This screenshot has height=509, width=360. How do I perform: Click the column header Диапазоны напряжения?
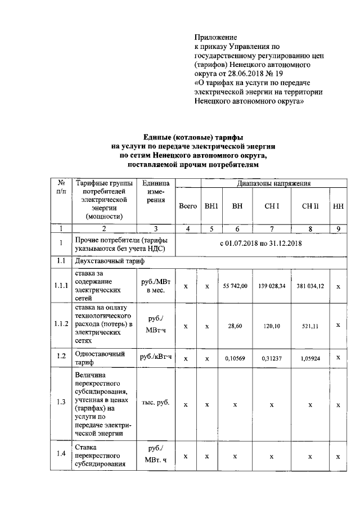[x=273, y=183]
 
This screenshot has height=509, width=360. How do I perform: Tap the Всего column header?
[x=187, y=206]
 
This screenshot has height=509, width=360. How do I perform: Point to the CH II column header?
[x=310, y=206]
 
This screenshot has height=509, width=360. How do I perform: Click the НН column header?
[x=338, y=206]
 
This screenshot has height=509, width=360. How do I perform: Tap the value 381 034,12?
[x=310, y=286]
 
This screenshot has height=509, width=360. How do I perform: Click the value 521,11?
[x=310, y=325]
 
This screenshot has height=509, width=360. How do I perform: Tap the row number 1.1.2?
[x=61, y=325]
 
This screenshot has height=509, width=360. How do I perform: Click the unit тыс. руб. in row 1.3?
[x=155, y=403]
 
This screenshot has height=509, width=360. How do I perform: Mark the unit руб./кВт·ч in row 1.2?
[x=155, y=357]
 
